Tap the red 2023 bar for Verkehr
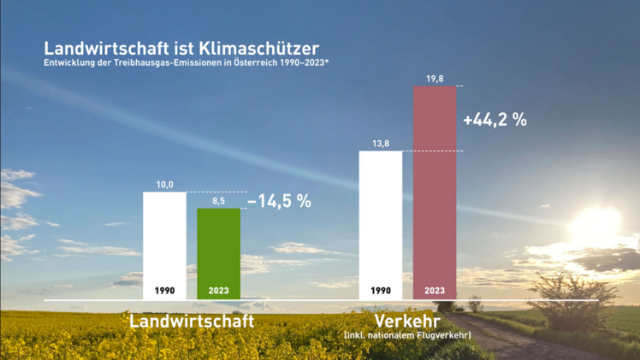(435, 188)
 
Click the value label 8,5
(219, 201)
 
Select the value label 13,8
(381, 144)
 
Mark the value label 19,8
(435, 79)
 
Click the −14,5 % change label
(279, 202)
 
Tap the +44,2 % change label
(495, 121)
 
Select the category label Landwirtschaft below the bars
(192, 322)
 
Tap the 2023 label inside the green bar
(219, 291)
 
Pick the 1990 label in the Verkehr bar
(381, 291)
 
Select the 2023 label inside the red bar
(435, 291)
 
